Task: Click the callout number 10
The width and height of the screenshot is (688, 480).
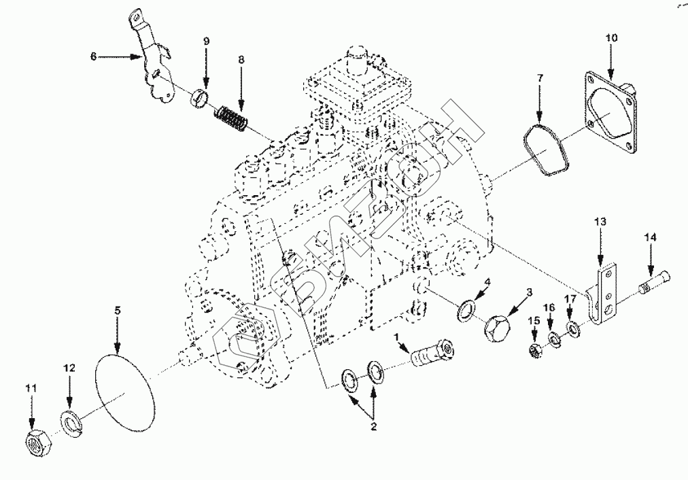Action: tap(611, 37)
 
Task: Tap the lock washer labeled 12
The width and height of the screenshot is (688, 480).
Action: tap(70, 422)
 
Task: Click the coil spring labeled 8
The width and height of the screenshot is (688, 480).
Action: tap(231, 119)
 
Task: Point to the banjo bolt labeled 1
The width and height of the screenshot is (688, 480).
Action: tap(432, 353)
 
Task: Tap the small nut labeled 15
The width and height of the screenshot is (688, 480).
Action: tap(534, 350)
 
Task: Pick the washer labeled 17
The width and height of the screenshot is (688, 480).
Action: tap(572, 327)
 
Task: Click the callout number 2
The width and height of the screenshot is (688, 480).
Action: tap(373, 426)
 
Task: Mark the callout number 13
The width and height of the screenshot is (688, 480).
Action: tap(600, 222)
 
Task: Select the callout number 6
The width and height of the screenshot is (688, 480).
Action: tap(93, 56)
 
